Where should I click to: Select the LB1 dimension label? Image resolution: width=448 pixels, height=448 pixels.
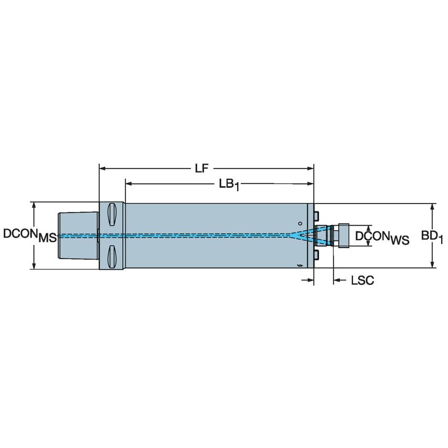228,185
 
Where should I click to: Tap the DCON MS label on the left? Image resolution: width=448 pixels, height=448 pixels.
29,235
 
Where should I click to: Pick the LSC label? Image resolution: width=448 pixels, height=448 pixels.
362,281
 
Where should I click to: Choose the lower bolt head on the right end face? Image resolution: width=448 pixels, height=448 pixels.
317,255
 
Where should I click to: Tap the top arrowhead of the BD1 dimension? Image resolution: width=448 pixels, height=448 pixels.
432,206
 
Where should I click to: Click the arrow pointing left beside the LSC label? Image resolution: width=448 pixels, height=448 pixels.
336,281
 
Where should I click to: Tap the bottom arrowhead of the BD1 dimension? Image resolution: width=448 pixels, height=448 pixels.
432,265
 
